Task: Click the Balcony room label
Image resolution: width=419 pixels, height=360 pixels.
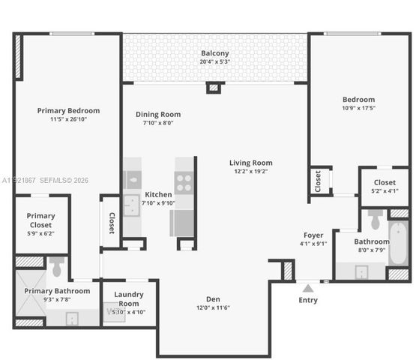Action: pyautogui.click(x=214, y=53)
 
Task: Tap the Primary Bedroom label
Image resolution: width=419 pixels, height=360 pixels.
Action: pyautogui.click(x=68, y=110)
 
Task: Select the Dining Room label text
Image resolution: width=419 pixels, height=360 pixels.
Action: pyautogui.click(x=157, y=115)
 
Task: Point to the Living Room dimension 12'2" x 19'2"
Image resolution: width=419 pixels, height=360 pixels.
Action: pyautogui.click(x=250, y=171)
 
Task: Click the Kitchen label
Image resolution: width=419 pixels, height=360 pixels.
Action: pyautogui.click(x=158, y=194)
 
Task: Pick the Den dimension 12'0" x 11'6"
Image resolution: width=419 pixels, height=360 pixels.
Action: pyautogui.click(x=212, y=307)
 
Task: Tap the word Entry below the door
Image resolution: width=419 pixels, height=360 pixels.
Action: pyautogui.click(x=307, y=300)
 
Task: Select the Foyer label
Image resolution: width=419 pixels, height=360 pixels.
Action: pyautogui.click(x=313, y=235)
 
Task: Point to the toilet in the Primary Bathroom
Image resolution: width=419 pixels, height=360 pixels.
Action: pyautogui.click(x=57, y=267)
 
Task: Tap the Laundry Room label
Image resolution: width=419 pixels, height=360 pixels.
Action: pyautogui.click(x=129, y=298)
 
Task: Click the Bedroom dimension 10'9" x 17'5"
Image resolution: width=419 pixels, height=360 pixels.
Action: pyautogui.click(x=358, y=108)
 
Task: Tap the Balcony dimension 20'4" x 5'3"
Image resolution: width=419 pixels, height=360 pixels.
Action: pyautogui.click(x=214, y=61)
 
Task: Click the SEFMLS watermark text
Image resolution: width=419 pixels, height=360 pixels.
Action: pyautogui.click(x=64, y=180)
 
